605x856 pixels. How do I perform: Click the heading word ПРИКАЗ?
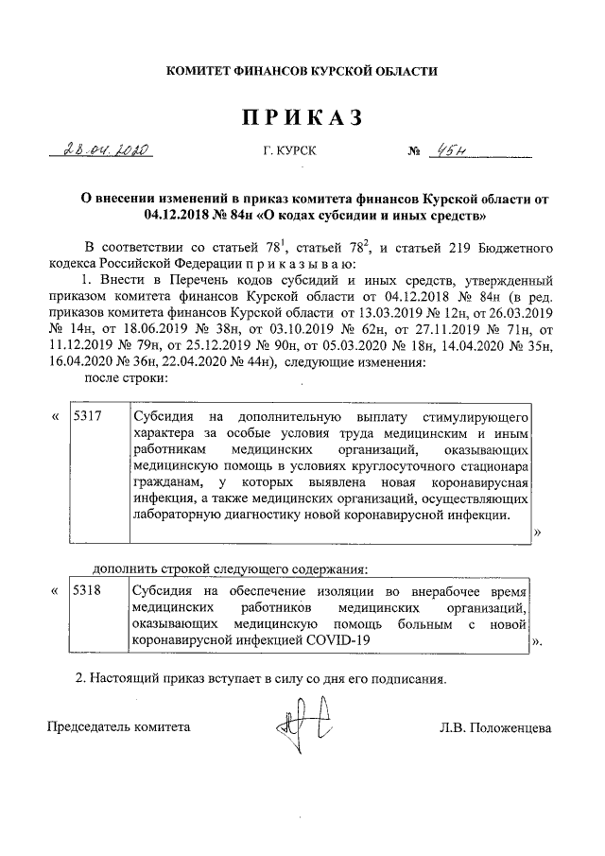(x=303, y=118)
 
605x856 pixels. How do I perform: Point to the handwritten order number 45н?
(x=444, y=150)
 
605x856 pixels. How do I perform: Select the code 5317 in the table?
(x=88, y=416)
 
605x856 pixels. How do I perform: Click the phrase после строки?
(x=127, y=378)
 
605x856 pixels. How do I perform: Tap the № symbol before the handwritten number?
(x=413, y=151)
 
